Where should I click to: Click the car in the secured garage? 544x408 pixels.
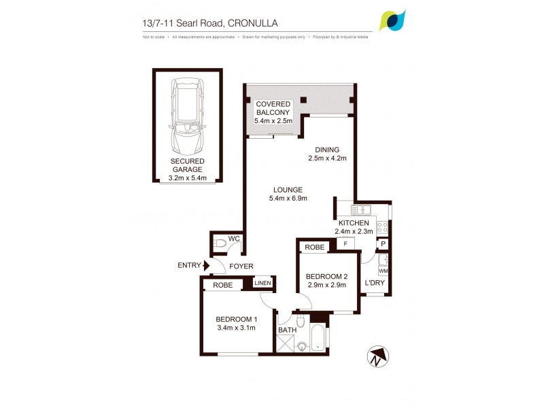tap(188, 116)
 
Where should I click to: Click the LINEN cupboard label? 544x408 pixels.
tap(262, 283)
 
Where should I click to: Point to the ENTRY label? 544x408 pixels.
tap(188, 266)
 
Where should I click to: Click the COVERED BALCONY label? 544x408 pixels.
tap(273, 108)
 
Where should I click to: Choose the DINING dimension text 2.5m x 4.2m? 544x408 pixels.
tap(326, 159)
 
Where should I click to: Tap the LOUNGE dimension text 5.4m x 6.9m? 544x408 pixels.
tap(288, 199)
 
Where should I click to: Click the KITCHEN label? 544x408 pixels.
tap(354, 223)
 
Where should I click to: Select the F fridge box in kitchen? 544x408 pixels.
tap(345, 243)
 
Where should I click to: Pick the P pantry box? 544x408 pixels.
tap(383, 244)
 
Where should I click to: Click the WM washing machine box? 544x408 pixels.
tap(383, 271)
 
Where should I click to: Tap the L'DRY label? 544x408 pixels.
tap(375, 283)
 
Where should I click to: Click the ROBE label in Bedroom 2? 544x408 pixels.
tap(313, 248)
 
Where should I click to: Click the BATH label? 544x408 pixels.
tap(286, 331)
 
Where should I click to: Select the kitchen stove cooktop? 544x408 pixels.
tap(383, 227)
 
